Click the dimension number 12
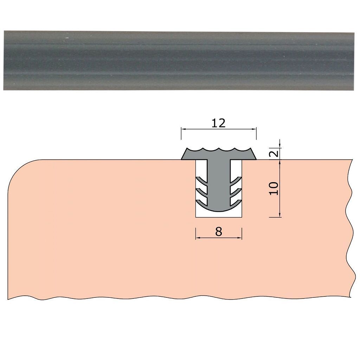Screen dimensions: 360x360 click(218, 123)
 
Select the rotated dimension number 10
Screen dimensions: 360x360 click(274, 188)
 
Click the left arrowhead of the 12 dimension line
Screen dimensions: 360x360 click(184, 129)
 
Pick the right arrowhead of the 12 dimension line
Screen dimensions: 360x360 click(253, 129)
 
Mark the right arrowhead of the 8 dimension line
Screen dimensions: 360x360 click(239, 238)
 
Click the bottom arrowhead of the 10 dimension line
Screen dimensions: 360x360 click(279, 214)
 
